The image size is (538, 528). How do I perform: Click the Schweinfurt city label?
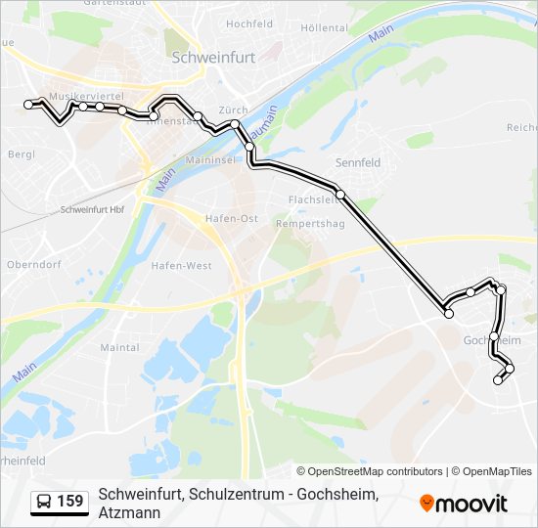coord(213,58)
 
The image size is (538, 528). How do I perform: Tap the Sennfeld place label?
coord(357,162)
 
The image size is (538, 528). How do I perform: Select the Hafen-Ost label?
coord(232,218)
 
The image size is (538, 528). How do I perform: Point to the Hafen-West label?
coord(181,265)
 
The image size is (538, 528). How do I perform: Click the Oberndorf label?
coord(34,264)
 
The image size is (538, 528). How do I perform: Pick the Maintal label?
coord(119,347)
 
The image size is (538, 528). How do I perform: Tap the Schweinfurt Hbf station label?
coord(92,210)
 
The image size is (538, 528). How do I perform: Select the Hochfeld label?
coord(249,23)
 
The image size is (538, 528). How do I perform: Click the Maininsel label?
coord(205,157)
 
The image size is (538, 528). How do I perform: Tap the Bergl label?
coord(21,154)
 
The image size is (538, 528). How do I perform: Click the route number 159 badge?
coord(70,502)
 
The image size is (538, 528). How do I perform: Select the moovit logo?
coord(464,504)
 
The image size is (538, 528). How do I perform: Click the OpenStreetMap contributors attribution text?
coord(370,471)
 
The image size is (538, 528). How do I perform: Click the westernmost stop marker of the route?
coord(29,103)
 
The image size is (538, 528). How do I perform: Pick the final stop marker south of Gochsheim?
coord(498,380)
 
